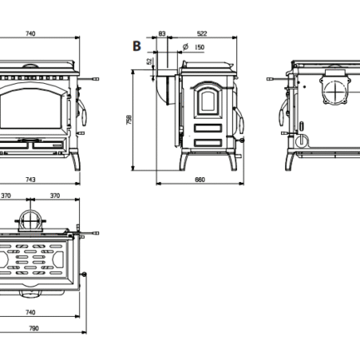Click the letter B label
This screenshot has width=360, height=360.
coord(136,46)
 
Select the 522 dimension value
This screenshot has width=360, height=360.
coord(202,33)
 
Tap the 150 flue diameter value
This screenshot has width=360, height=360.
coord(200,47)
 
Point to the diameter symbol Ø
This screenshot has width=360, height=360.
coord(185,47)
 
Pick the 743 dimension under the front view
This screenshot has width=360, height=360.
coord(31,180)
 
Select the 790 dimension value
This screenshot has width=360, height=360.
coord(34,328)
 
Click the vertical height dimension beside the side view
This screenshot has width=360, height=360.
coord(130,120)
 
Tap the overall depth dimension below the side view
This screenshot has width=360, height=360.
coord(200,180)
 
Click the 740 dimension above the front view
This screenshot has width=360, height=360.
coord(31,33)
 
